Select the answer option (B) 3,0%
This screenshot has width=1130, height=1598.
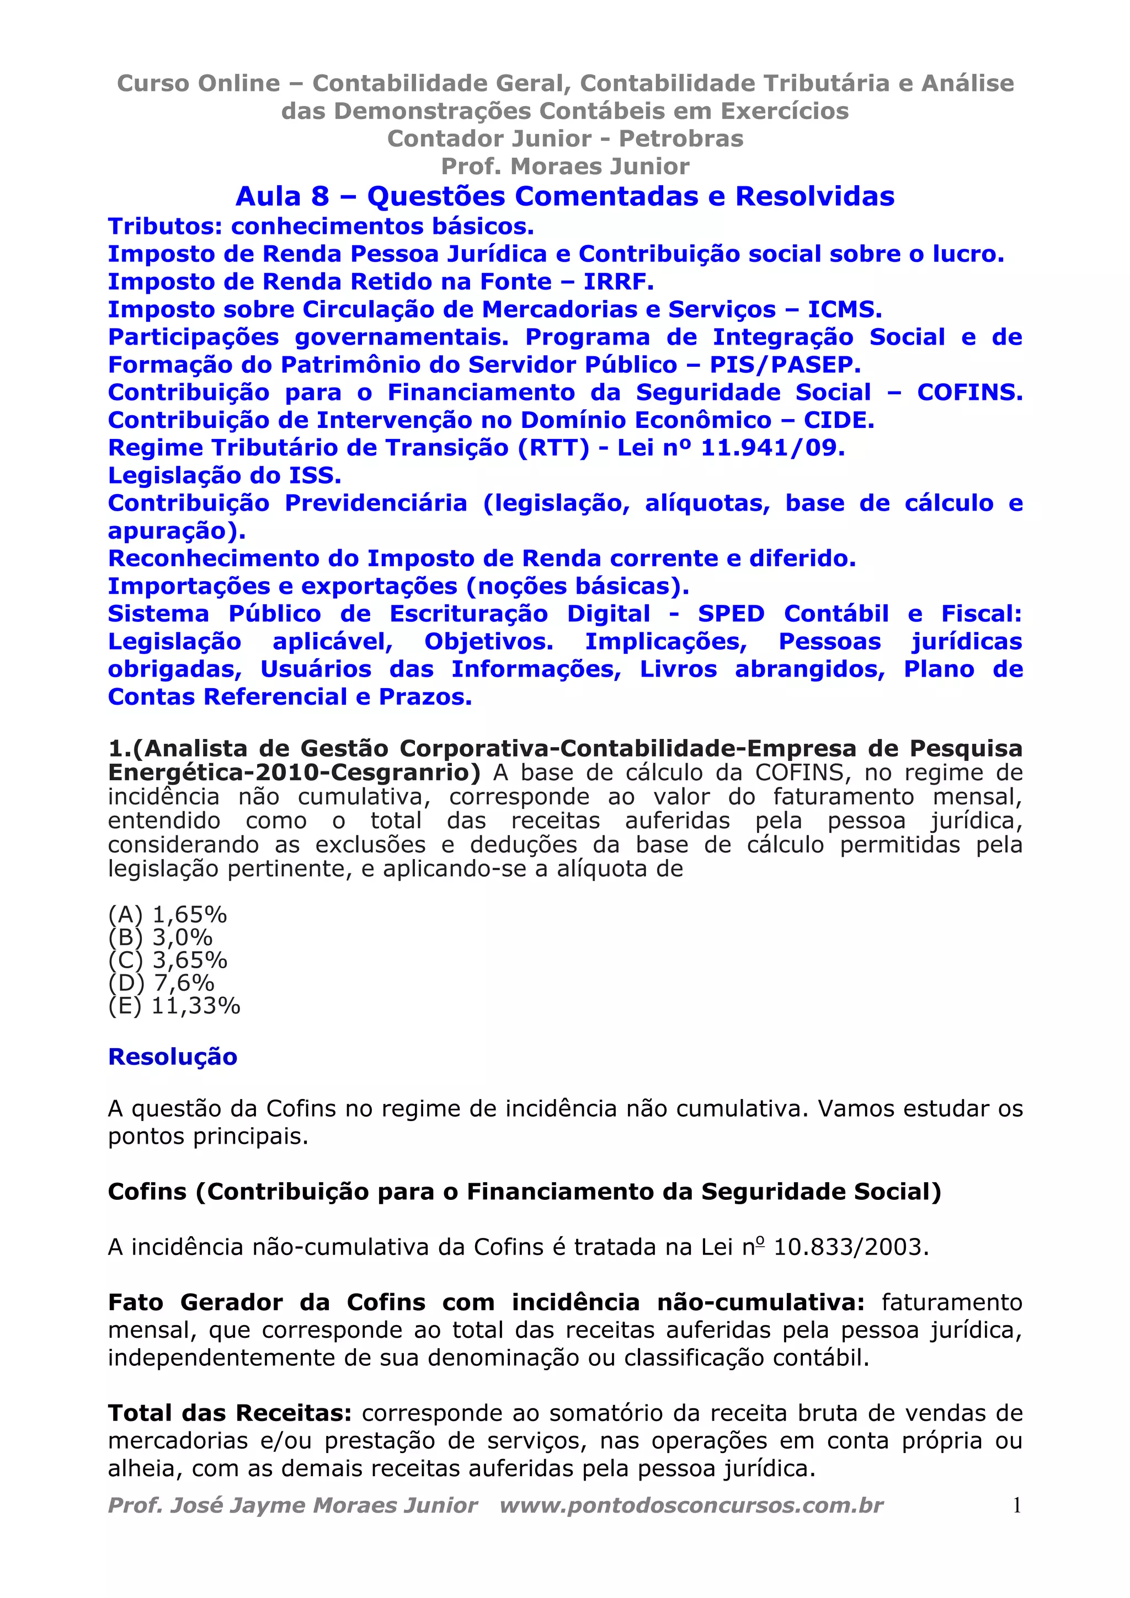tap(160, 937)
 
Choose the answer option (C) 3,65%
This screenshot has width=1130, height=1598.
tap(168, 960)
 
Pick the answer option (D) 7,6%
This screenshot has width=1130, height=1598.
tap(161, 983)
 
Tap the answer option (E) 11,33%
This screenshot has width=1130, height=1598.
tap(174, 1006)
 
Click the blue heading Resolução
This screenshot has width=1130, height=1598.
tap(173, 1057)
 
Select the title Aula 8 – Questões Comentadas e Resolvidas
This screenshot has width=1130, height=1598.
tap(564, 196)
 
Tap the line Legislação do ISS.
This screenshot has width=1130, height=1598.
tap(224, 475)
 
